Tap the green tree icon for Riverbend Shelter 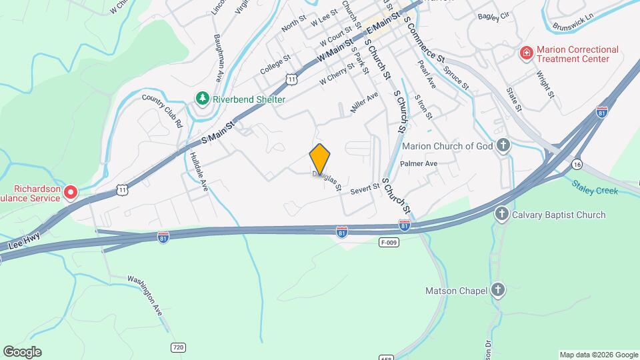click(x=203, y=99)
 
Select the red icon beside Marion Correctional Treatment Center click(x=526, y=53)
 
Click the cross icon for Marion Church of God click(x=503, y=146)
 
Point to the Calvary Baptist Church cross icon click(x=501, y=215)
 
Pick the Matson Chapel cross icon click(x=497, y=290)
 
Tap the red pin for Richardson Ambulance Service click(x=70, y=193)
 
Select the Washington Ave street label click(x=145, y=294)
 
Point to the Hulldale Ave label click(x=199, y=172)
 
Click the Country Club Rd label click(x=162, y=111)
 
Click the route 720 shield click(x=178, y=347)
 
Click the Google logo click(x=23, y=352)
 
